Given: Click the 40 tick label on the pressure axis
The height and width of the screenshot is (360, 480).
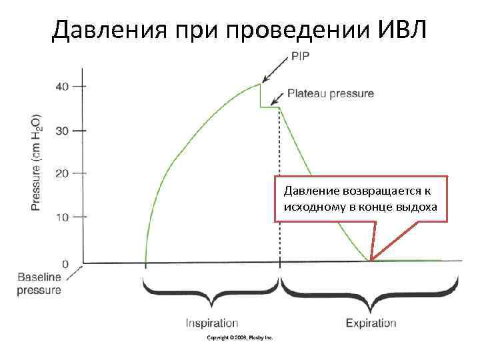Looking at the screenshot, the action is click(x=61, y=86).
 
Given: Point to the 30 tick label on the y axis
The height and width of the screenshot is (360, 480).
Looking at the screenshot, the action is click(x=61, y=130).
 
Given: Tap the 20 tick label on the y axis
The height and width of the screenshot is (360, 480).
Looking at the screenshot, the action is click(x=61, y=173).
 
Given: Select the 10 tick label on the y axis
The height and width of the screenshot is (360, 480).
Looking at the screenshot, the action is click(x=61, y=217).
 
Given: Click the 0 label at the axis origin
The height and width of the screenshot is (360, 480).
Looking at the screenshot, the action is click(x=65, y=263).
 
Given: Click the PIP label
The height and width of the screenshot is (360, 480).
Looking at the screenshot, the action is click(x=301, y=57).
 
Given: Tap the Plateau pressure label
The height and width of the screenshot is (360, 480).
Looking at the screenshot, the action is click(x=330, y=94).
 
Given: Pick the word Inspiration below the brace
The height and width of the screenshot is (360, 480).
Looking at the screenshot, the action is click(x=212, y=323).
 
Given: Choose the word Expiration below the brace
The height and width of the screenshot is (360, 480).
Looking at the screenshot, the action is click(x=371, y=323).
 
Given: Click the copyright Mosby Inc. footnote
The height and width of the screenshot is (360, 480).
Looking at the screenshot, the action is click(x=240, y=338).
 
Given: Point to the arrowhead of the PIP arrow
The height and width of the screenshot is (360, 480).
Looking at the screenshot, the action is click(x=263, y=81).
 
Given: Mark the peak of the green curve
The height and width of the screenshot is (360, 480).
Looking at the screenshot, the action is click(x=260, y=84).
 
